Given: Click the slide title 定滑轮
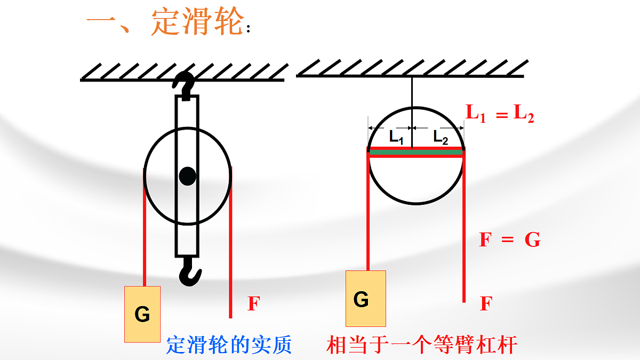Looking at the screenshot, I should click(x=198, y=22).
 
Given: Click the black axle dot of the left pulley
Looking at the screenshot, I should click(x=187, y=175).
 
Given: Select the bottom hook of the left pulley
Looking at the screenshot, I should click(x=189, y=272).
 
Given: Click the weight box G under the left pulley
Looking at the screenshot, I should click(x=142, y=314).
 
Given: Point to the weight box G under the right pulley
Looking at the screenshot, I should click(x=366, y=298).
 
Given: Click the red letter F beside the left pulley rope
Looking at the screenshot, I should click(x=253, y=304).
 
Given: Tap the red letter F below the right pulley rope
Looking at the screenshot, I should click(x=485, y=304).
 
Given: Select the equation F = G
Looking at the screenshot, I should click(x=509, y=240).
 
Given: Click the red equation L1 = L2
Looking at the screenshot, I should click(x=500, y=114).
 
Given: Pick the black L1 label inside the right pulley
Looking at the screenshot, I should click(x=396, y=138).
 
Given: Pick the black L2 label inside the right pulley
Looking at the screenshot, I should click(x=441, y=138).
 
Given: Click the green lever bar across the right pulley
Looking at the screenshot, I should click(x=416, y=153).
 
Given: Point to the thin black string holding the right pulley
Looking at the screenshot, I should click(x=412, y=93).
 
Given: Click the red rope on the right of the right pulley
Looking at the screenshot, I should click(x=464, y=224).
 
